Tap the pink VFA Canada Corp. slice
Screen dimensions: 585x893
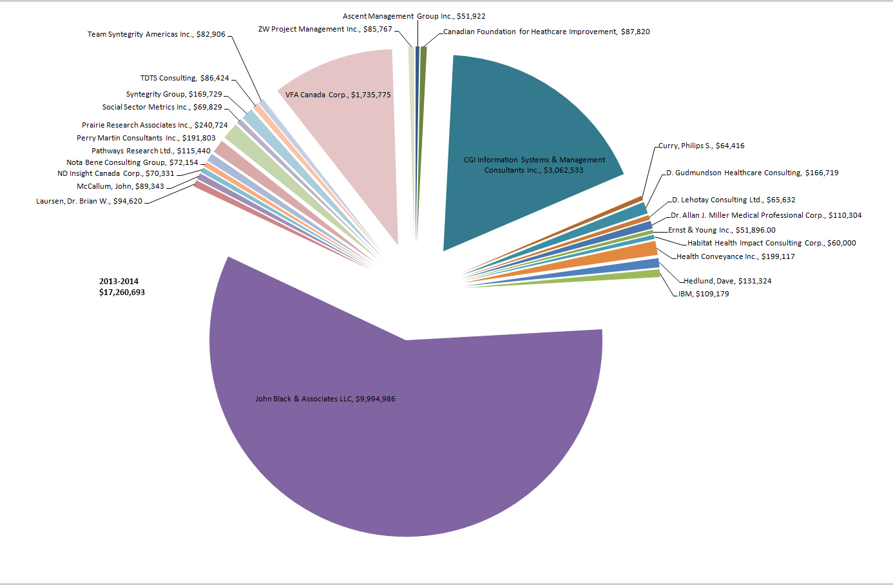coord(348,129)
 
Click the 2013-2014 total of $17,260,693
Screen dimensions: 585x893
coord(122,287)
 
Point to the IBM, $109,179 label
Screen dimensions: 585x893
coord(704,294)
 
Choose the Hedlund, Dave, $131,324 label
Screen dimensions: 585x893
coord(727,281)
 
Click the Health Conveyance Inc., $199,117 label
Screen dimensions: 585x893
coord(735,256)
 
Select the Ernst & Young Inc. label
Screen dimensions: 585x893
coord(722,230)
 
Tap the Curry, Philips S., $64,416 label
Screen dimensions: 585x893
coord(701,146)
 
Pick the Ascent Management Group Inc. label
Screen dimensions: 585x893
coord(414,16)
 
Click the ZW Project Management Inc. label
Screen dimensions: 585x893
coord(325,29)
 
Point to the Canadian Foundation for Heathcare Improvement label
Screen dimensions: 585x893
coord(546,32)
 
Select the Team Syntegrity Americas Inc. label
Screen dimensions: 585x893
coord(157,34)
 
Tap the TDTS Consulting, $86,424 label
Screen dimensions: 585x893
coord(185,78)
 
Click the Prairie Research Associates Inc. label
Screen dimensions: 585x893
coord(155,125)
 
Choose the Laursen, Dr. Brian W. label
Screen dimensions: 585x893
coord(89,201)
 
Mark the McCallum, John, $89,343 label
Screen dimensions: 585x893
coord(120,186)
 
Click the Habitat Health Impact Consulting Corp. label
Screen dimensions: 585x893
coord(771,243)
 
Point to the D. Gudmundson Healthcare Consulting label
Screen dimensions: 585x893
coord(752,173)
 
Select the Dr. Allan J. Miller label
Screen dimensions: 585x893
coord(766,215)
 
